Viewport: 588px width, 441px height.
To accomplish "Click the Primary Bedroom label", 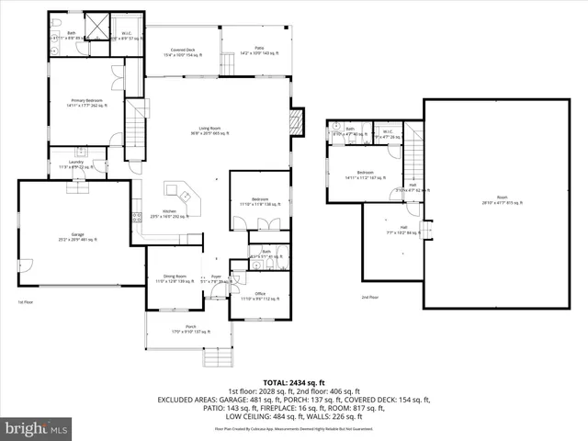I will (87, 103).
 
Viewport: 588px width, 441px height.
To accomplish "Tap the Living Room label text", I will (209, 130).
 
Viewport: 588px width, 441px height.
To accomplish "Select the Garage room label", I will (77, 237).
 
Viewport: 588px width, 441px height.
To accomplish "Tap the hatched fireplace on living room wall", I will (297, 123).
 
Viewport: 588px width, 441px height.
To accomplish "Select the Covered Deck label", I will (183, 52).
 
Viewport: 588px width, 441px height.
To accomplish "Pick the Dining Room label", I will (175, 278).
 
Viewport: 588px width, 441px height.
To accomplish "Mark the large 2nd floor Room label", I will (502, 200).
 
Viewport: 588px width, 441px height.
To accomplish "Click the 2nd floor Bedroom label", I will (365, 175).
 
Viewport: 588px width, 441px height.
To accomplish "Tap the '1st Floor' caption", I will (25, 301).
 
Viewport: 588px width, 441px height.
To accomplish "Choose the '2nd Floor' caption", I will (369, 298).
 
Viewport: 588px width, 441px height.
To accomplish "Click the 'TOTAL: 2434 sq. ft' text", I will (293, 381).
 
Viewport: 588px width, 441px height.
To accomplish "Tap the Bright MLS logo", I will (37, 428).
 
